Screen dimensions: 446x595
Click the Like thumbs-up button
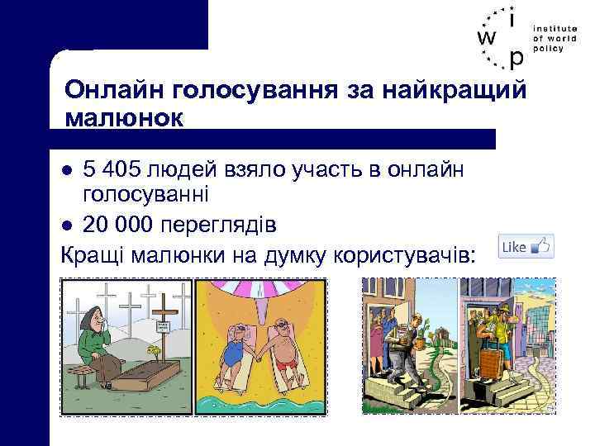[x=526, y=245]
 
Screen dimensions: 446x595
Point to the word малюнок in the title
[x=123, y=117]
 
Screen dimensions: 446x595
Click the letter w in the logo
[x=487, y=38]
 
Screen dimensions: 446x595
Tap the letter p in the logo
[x=516, y=58]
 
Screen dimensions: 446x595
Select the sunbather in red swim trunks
[x=285, y=347]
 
